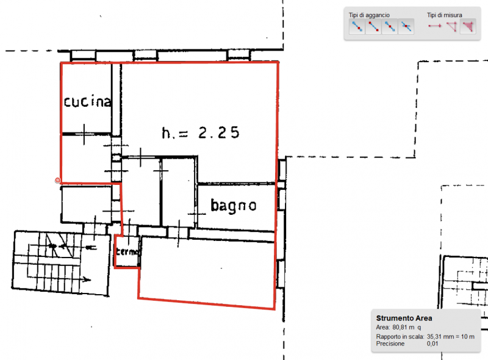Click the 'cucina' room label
pos(88,102)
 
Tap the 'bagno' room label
pos(233,206)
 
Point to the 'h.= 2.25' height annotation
pos(199,132)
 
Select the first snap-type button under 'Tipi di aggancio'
pos(356,26)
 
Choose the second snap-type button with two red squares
pos(373,26)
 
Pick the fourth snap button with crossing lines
pos(406,26)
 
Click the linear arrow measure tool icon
pos(434,26)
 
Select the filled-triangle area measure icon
pos(468,26)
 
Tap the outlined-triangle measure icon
pos(451,26)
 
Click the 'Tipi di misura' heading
pos(444,15)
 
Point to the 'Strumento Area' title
pos(404,318)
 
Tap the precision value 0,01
pos(432,344)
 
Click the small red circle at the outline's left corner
pos(57,180)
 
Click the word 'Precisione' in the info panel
pos(392,344)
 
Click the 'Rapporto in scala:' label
pos(400,336)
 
